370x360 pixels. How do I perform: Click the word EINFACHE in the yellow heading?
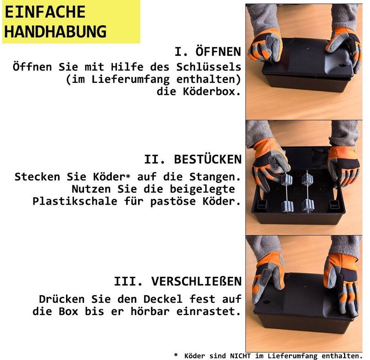[45, 12]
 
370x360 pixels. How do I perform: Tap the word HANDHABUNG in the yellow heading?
[56, 31]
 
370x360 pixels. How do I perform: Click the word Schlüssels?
[209, 67]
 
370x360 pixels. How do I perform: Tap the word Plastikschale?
[75, 201]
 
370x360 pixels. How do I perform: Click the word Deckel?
[163, 299]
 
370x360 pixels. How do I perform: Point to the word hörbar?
[150, 311]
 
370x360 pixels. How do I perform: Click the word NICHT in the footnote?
[240, 355]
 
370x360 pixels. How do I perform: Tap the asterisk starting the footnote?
[176, 355]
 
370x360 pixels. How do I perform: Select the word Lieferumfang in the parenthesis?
[130, 79]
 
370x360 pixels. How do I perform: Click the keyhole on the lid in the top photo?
[341, 65]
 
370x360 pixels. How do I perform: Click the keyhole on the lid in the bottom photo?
[267, 301]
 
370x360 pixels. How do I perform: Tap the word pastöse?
[173, 201]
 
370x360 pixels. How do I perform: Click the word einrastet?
[209, 311]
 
